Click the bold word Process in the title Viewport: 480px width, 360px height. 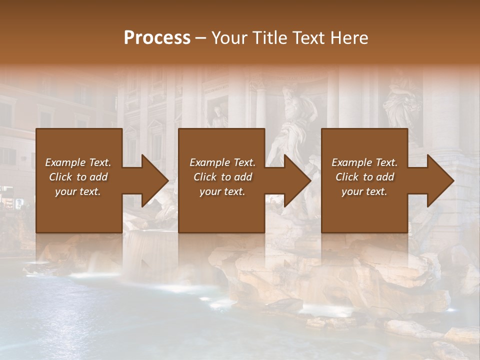(157, 38)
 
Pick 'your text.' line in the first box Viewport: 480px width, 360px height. (78, 191)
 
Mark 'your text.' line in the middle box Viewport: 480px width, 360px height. (222, 191)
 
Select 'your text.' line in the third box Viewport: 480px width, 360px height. (364, 191)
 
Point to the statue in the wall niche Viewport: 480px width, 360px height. (218, 117)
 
